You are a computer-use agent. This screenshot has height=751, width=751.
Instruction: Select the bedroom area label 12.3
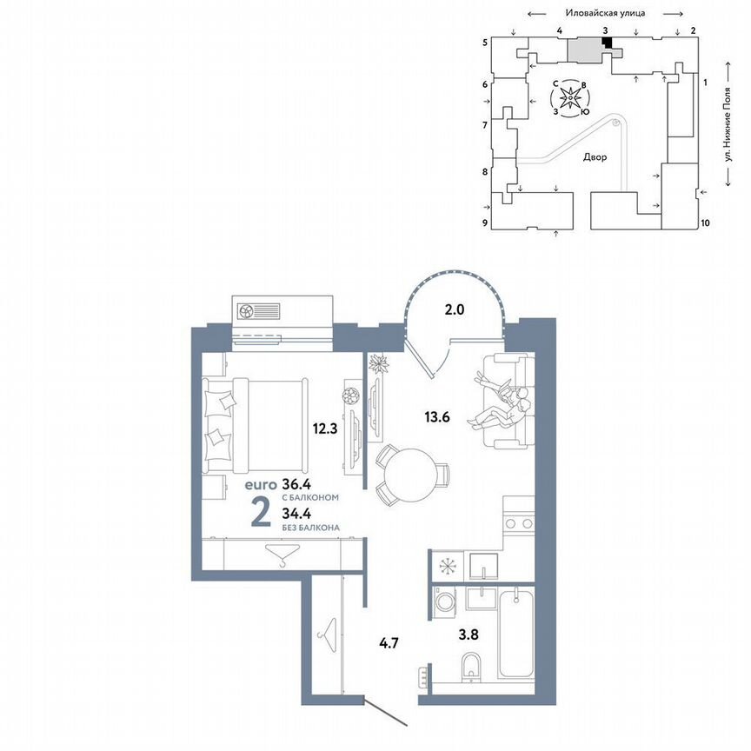(x=325, y=427)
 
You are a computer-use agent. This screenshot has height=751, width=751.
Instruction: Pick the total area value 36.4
(x=302, y=483)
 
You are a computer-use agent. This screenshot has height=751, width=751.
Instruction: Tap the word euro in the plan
(x=260, y=483)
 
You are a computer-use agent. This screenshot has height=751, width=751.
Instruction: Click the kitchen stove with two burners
(x=519, y=523)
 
